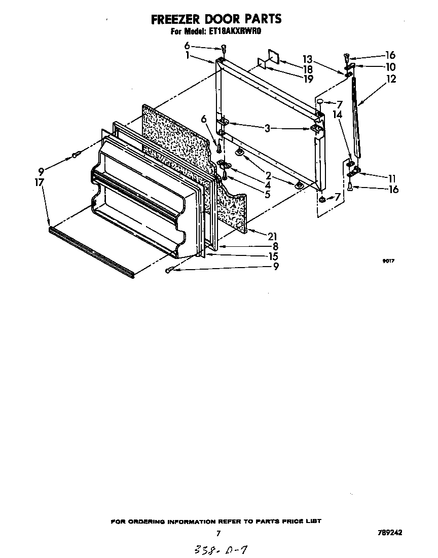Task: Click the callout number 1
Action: point(188,55)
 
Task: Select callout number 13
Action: point(308,59)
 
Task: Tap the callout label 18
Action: point(308,69)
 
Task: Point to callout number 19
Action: point(308,79)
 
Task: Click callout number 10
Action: point(390,67)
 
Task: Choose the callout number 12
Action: point(390,79)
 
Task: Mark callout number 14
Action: point(337,115)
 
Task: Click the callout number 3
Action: point(267,129)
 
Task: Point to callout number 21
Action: point(273,236)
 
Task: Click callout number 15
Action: point(273,256)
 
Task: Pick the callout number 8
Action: point(275,246)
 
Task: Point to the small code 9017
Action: point(388,262)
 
